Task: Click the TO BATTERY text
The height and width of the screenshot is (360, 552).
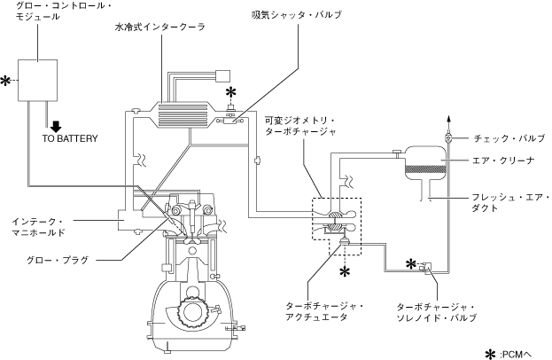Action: point(70,138)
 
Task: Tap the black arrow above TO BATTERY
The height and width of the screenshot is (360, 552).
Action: point(56,127)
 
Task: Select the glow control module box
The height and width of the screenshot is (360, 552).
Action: point(38,81)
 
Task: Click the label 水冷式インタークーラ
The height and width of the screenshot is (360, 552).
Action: point(159,27)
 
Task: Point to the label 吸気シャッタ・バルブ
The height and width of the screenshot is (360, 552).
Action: point(297,15)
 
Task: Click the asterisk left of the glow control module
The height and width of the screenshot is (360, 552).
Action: point(5,81)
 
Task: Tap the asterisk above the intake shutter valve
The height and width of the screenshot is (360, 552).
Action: point(230,93)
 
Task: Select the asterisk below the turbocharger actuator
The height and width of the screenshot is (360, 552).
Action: point(345,271)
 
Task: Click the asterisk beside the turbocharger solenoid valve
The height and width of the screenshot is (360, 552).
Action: point(411,263)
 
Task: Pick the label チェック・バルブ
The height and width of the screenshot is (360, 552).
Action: point(509,138)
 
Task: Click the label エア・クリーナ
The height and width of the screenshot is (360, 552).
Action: point(503,160)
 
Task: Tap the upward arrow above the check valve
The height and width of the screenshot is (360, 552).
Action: point(448,123)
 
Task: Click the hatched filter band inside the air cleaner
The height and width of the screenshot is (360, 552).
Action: point(425,168)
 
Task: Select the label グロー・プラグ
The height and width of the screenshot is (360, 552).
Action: point(58,261)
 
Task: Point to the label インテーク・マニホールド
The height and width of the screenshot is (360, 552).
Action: point(39,227)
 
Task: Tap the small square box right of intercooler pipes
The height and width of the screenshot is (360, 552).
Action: point(223,76)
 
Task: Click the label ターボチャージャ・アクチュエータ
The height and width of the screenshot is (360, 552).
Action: point(325,311)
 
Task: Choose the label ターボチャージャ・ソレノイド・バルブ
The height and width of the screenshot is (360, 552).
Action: point(437,312)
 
